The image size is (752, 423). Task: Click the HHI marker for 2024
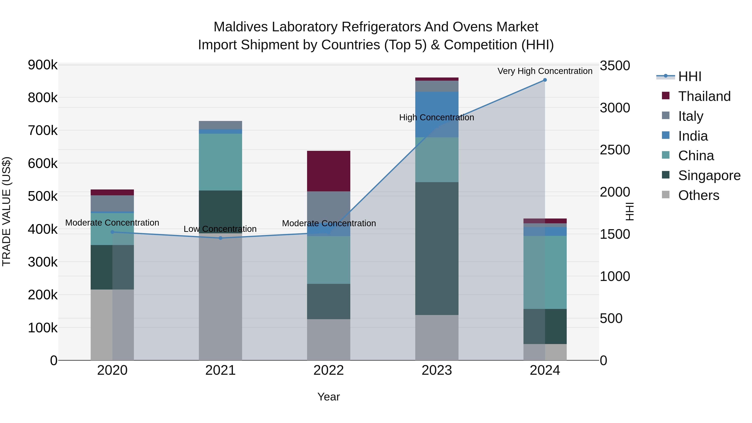pyautogui.click(x=545, y=80)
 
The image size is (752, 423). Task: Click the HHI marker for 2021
pyautogui.click(x=220, y=238)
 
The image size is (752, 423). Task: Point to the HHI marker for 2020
pyautogui.click(x=112, y=232)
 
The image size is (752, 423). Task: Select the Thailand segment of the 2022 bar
pyautogui.click(x=328, y=171)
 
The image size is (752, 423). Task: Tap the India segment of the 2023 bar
pyautogui.click(x=437, y=114)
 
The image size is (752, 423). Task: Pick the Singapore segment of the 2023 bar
pyautogui.click(x=437, y=248)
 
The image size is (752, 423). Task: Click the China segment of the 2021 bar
pyautogui.click(x=220, y=162)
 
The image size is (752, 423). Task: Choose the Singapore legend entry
pyautogui.click(x=709, y=175)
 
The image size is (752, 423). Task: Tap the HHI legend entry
pyautogui.click(x=689, y=76)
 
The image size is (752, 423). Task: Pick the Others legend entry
pyautogui.click(x=698, y=195)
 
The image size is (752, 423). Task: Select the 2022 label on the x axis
pyautogui.click(x=328, y=370)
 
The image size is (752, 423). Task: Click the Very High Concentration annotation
pyautogui.click(x=545, y=71)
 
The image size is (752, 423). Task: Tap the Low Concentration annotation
pyautogui.click(x=220, y=229)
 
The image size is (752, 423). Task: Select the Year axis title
pyautogui.click(x=328, y=397)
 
